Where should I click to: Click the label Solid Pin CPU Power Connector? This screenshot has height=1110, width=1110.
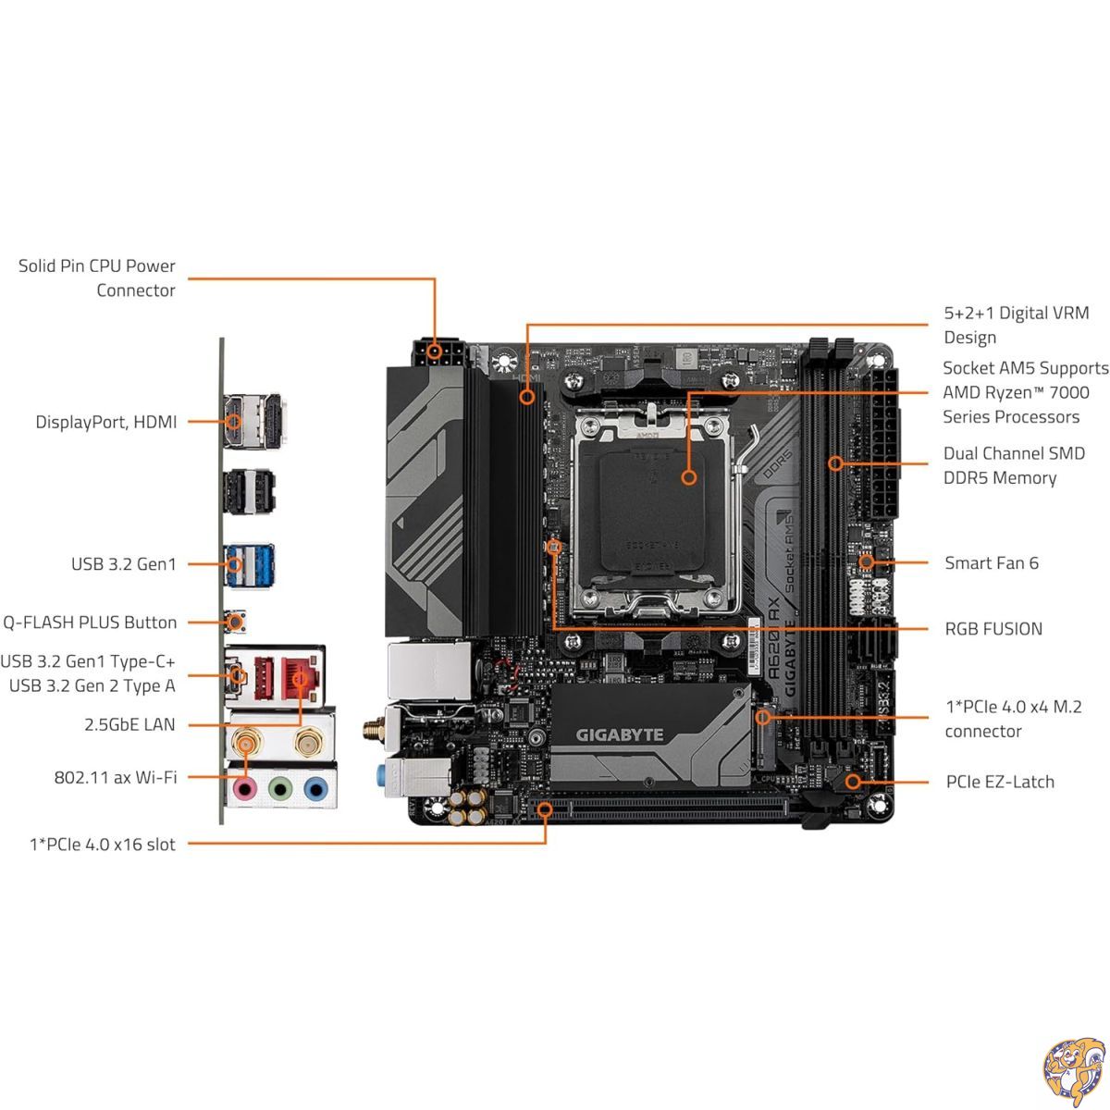coord(97,277)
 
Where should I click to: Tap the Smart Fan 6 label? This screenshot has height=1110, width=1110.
coord(992,562)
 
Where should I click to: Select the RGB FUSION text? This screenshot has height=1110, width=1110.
coord(993,629)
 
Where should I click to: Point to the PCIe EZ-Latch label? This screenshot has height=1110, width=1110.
coord(999,782)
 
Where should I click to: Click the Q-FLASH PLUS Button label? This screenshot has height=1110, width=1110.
coord(89,623)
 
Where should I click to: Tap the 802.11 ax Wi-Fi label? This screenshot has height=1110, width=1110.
coord(115,777)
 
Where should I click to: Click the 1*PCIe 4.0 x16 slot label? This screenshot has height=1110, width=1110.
coord(102,844)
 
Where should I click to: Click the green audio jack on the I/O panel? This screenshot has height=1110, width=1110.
coord(280,789)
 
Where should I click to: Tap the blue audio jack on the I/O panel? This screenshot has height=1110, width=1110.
coord(314,789)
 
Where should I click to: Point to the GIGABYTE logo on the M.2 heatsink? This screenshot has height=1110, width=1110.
coord(620,735)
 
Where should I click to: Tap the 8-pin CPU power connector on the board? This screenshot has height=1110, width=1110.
coord(436,352)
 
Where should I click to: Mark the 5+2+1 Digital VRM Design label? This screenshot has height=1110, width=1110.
coord(1016,325)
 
